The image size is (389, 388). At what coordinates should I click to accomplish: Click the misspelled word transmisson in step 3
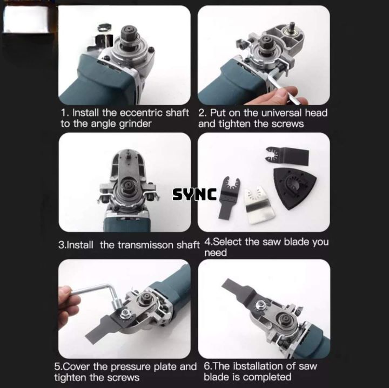pyautogui.click(x=147, y=244)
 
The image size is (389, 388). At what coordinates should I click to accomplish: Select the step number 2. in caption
pyautogui.click(x=202, y=113)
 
